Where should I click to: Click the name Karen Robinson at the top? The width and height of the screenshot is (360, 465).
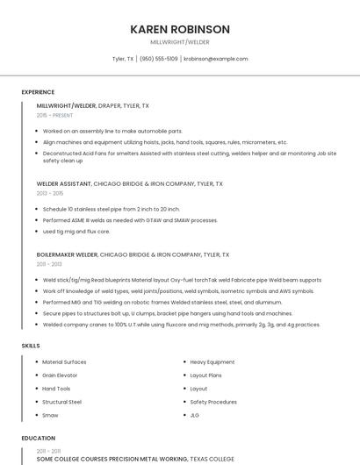click(x=180, y=29)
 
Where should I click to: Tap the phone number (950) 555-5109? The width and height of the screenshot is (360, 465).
click(x=159, y=59)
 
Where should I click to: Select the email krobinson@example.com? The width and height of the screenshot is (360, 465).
click(x=216, y=59)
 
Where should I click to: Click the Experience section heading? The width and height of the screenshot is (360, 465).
click(x=38, y=92)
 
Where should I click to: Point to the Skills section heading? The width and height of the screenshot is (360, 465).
click(x=31, y=346)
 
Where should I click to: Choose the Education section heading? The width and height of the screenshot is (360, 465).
click(x=38, y=437)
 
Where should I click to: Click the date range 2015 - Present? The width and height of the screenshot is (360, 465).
click(x=54, y=115)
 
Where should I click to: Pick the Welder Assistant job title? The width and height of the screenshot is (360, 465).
click(x=65, y=184)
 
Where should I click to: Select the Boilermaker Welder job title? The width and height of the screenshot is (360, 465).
click(x=67, y=254)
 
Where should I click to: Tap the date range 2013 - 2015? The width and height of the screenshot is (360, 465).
click(x=50, y=193)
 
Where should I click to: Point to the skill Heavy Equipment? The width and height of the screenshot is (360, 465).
click(x=212, y=361)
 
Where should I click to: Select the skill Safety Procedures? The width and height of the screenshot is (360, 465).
click(x=213, y=402)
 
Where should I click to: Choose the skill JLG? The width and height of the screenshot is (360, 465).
click(x=195, y=415)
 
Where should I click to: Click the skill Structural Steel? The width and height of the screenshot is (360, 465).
click(x=61, y=402)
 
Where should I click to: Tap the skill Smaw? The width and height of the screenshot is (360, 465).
click(x=50, y=415)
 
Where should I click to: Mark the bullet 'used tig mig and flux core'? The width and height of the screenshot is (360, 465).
click(x=76, y=232)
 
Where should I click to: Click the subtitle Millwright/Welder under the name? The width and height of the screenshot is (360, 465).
click(x=180, y=42)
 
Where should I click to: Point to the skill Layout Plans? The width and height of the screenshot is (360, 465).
click(x=206, y=375)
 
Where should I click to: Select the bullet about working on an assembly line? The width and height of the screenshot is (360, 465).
click(x=112, y=131)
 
